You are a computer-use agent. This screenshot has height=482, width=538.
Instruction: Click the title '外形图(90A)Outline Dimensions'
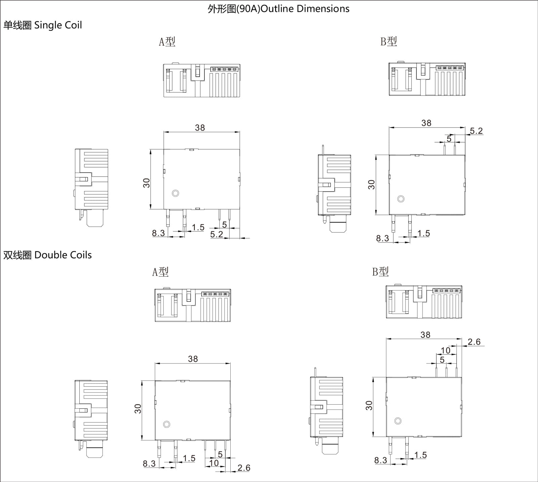pos(278,9)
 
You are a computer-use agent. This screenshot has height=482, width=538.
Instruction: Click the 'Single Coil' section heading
pos(58,25)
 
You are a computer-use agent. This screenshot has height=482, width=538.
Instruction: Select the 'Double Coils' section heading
pos(63,255)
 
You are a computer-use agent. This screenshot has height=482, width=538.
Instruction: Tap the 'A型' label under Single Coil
pos(167,42)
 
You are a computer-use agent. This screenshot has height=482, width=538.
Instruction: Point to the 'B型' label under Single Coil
pos(389,41)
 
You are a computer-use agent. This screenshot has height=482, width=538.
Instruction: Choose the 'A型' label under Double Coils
pos(160,272)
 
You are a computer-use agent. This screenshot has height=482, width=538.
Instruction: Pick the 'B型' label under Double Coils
pos(380,271)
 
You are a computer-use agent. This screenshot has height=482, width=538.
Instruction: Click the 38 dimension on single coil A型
pos(200,128)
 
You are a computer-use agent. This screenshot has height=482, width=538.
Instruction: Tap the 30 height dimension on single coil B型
pos(371,185)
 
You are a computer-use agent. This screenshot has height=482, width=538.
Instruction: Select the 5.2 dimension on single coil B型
pos(476,131)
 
